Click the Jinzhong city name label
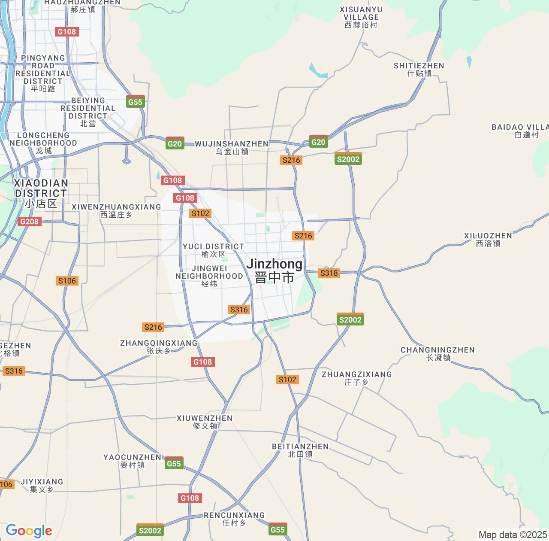[x=274, y=270]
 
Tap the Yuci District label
[x=213, y=250]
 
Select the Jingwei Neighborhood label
[x=209, y=276]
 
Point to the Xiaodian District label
[x=41, y=193]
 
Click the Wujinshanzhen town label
[x=232, y=147]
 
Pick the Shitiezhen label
[x=419, y=69]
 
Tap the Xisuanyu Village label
[x=361, y=17]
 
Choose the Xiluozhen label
[x=488, y=239]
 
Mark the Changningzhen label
[x=437, y=353]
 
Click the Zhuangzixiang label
[x=356, y=378]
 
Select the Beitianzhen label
[x=300, y=450]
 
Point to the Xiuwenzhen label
[x=205, y=422]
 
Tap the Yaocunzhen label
[x=132, y=461]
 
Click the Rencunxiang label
[x=234, y=519]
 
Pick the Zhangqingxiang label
[x=159, y=346]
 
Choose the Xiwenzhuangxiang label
[x=116, y=210]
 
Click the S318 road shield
[x=329, y=273]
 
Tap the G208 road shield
[x=29, y=222]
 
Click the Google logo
[x=29, y=531]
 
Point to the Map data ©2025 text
[x=512, y=535]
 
